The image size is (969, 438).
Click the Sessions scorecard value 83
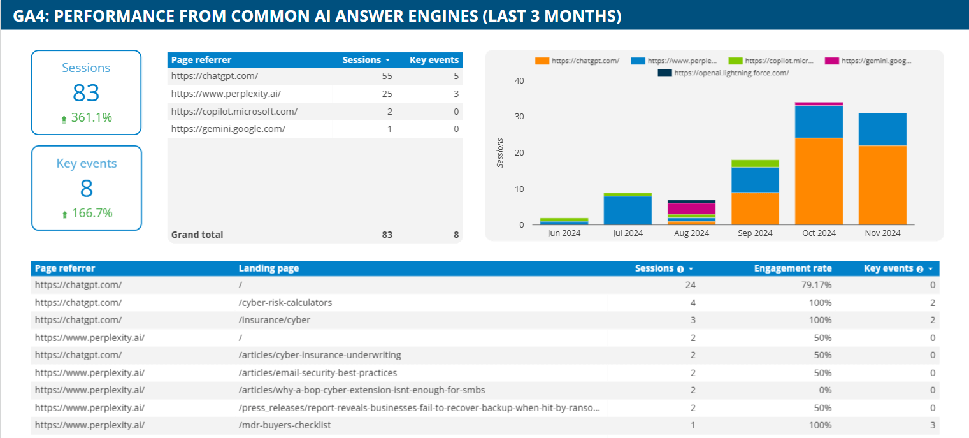pos(86,92)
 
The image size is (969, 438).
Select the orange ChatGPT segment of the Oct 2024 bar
pos(819,181)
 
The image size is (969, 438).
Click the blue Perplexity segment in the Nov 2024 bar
pos(882,129)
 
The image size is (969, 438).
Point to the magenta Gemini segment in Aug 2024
pos(691,208)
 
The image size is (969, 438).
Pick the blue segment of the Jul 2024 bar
pos(628,210)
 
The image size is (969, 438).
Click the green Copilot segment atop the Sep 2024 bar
pos(755,164)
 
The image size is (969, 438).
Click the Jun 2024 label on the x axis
pos(564,233)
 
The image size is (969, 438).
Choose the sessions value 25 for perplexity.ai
pos(387,94)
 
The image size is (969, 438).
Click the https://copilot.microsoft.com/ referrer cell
pos(234,112)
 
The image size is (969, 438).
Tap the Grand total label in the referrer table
pos(197,235)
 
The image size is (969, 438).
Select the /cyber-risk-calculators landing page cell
pos(285,303)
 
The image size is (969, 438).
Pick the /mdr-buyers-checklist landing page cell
pos(284,425)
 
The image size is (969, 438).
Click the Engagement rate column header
pos(793,268)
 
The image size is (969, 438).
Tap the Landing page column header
pos(268,268)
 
